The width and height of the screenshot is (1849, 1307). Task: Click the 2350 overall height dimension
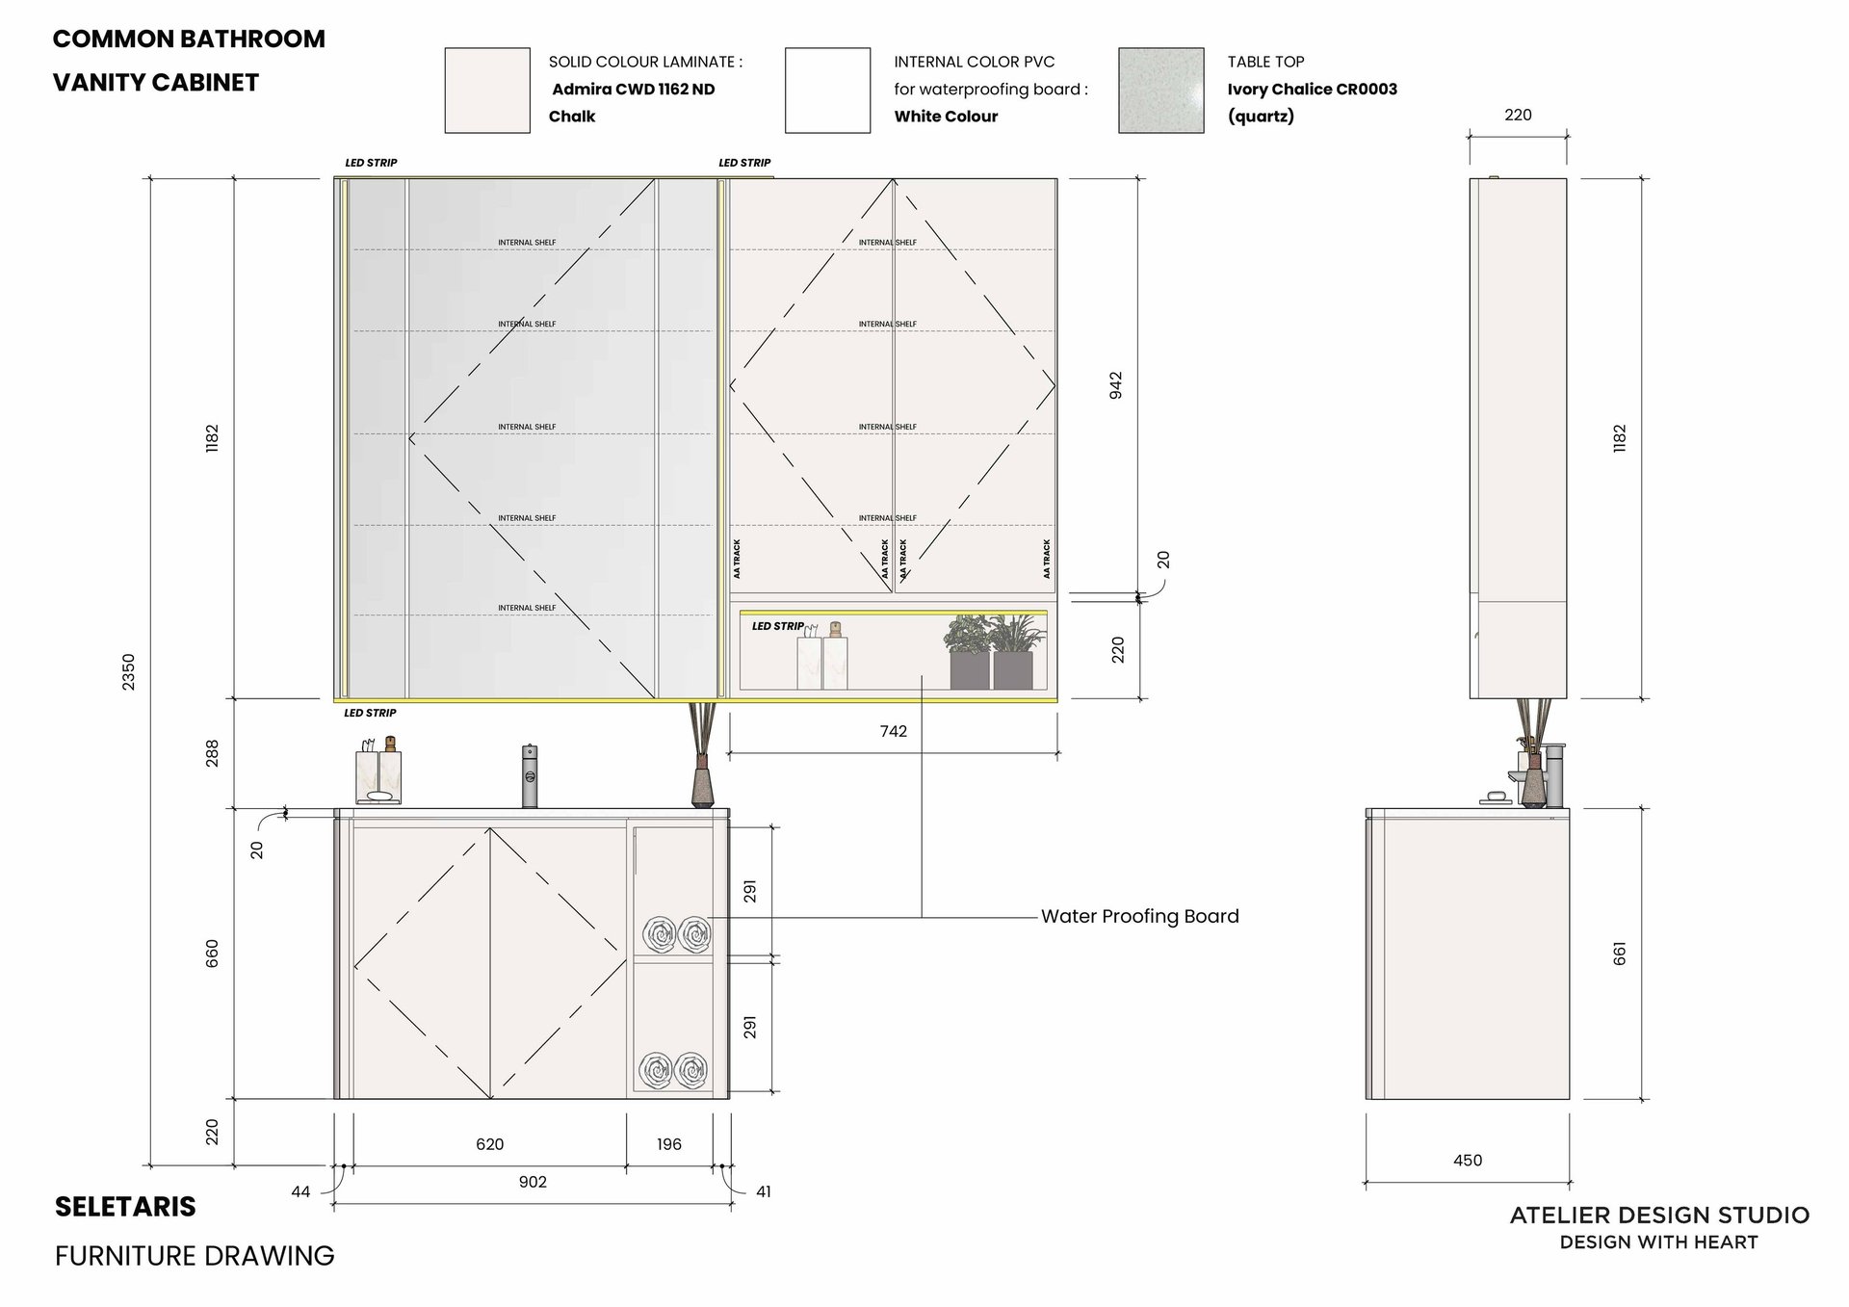point(129,671)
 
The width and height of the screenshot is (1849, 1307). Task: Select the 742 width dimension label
point(894,731)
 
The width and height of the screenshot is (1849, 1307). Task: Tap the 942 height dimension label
point(1116,385)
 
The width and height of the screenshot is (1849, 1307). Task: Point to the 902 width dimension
point(533,1182)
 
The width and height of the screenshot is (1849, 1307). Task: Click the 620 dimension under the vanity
point(490,1144)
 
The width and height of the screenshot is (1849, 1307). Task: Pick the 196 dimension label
point(669,1144)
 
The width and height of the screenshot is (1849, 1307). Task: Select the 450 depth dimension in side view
point(1468,1161)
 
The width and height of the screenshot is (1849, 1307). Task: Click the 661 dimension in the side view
point(1620,954)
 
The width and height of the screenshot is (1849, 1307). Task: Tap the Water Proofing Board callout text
point(1140,916)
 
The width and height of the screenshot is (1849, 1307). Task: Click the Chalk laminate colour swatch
point(487,91)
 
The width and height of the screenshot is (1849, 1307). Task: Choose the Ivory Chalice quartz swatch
point(1161,91)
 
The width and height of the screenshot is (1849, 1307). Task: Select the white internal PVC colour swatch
point(827,91)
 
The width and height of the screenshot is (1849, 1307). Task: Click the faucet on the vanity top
point(529,775)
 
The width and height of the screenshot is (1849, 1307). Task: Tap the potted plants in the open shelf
point(992,652)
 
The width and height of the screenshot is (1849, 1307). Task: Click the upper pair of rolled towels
point(677,934)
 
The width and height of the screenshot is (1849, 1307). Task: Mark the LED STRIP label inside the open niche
point(777,626)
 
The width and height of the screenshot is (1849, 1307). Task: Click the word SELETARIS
point(125,1207)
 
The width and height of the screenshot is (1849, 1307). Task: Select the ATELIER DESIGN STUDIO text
point(1659,1216)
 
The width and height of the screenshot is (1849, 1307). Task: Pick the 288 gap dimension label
point(213,753)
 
